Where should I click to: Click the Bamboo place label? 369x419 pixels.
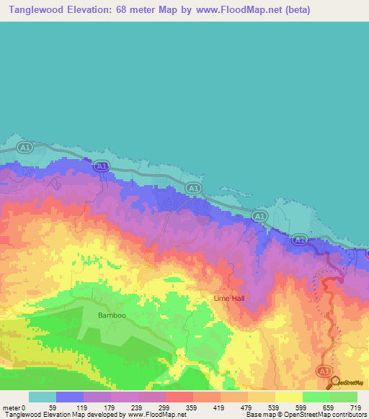point(112,315)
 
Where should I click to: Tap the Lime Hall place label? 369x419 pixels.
point(230,297)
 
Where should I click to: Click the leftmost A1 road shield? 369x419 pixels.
point(25,148)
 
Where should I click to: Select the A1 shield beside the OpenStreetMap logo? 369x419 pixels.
point(324,370)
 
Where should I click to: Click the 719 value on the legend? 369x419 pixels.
point(357,407)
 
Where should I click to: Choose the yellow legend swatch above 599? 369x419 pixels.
point(289,397)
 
